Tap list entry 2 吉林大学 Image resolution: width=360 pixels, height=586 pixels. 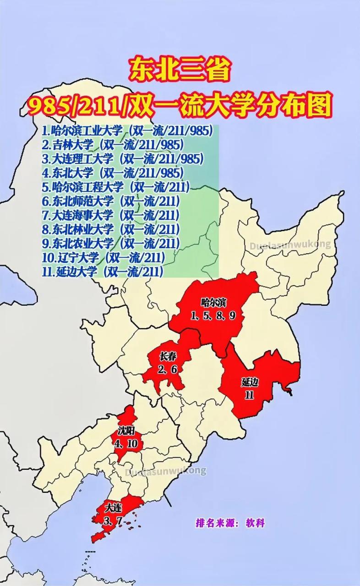tap(113, 145)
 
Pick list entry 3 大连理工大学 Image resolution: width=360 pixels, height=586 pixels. tap(123, 159)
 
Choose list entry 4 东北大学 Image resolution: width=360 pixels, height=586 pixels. tap(113, 173)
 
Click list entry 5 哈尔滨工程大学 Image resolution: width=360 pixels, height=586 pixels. tap(116, 187)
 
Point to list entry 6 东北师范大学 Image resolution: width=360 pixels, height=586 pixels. tap(110, 201)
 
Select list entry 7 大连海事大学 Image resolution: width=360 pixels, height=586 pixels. tap(110, 215)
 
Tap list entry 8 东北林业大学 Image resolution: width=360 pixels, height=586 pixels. tap(110, 229)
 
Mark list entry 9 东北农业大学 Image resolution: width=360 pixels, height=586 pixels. tap(110, 243)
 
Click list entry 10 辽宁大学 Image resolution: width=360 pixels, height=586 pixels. tap(104, 257)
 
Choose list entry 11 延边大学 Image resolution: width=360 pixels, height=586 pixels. tap(103, 271)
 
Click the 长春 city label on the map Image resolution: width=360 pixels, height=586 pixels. tap(168, 357)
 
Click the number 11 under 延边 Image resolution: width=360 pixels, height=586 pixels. tap(249, 395)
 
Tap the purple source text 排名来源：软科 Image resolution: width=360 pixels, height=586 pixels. tap(230, 523)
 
